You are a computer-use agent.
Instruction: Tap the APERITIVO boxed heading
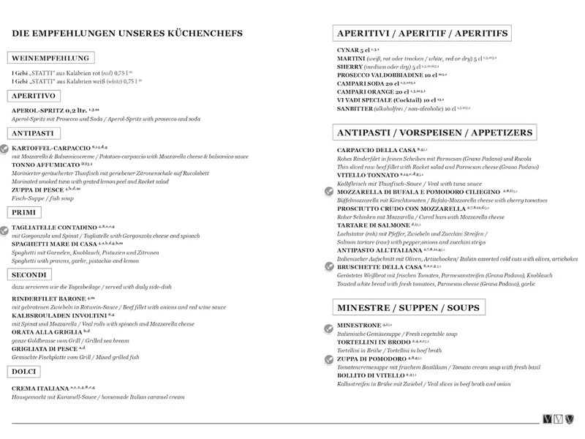[x=35, y=96]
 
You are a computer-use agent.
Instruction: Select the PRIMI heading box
[x=24, y=212]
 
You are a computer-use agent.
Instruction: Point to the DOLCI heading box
[x=26, y=372]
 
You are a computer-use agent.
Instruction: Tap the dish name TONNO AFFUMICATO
[x=45, y=164]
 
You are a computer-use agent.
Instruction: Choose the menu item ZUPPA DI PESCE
[x=40, y=190]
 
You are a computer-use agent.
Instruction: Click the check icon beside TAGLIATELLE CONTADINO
[x=7, y=229]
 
